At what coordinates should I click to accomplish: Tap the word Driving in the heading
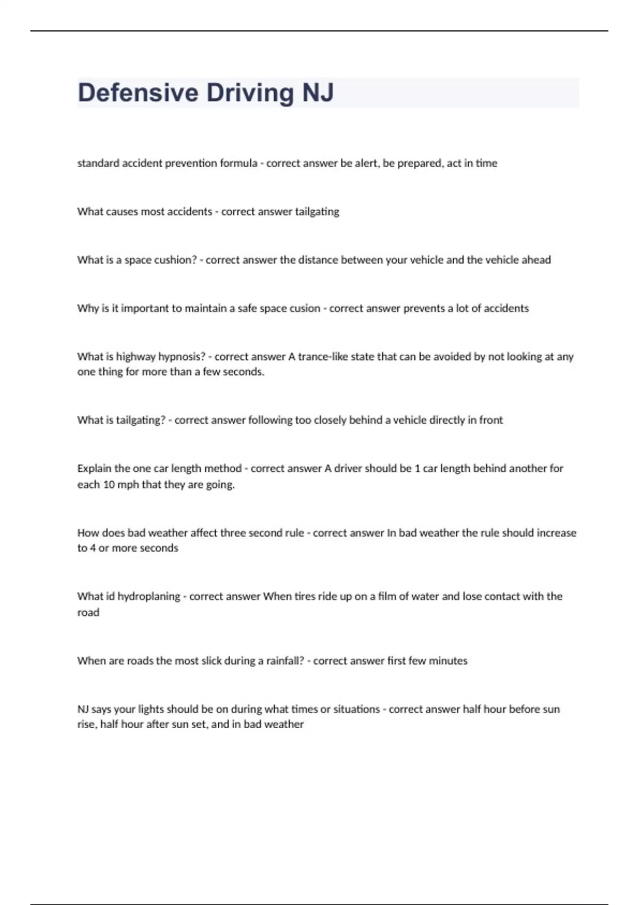tap(250, 93)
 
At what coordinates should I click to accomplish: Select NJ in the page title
tap(318, 93)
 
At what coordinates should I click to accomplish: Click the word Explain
tap(94, 468)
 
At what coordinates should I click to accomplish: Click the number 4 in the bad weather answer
tap(92, 548)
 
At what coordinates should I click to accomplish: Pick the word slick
tap(211, 661)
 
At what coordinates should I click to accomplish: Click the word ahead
tap(534, 260)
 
